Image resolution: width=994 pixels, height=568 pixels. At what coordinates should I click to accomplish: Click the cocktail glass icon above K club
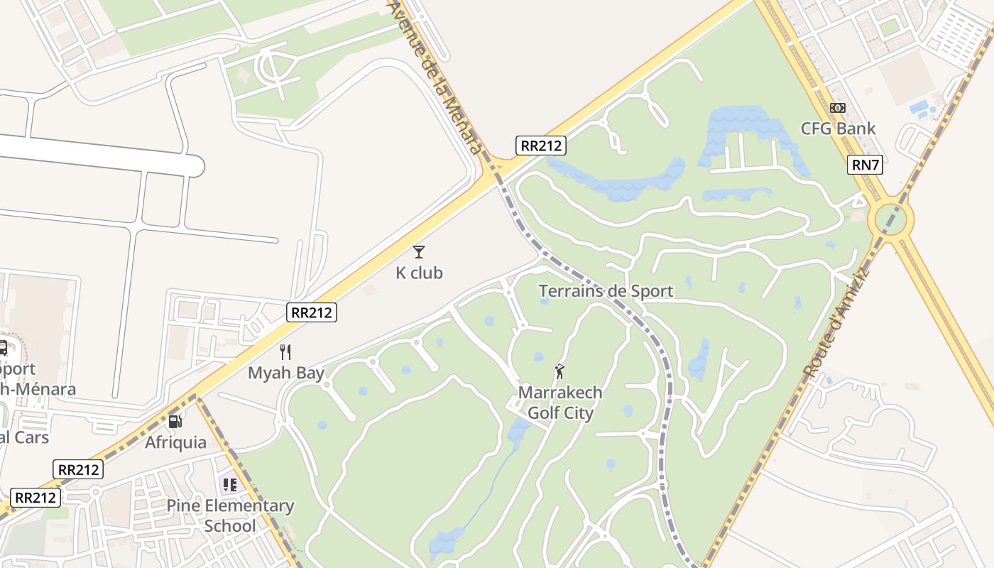tap(419, 251)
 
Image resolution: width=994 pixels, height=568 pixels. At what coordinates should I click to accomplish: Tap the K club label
tap(419, 273)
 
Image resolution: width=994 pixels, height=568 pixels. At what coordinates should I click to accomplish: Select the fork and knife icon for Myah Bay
tap(285, 351)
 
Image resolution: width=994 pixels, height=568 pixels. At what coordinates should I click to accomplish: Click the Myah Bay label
tap(285, 373)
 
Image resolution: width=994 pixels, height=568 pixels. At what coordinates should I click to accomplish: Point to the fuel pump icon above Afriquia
tap(175, 421)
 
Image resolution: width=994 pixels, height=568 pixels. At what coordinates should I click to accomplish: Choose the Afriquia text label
tap(175, 442)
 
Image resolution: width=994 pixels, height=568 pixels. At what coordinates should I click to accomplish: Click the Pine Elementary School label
tap(230, 515)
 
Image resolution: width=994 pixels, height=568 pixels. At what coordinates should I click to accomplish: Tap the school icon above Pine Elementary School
tap(229, 486)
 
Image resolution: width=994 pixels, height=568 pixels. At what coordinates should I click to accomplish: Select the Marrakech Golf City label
tap(560, 402)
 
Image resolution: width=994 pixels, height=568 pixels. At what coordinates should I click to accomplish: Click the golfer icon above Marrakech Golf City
tap(559, 371)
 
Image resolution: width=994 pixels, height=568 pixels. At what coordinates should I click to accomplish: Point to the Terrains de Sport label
tap(606, 291)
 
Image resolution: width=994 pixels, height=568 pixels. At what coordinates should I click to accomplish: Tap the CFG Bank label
tap(838, 129)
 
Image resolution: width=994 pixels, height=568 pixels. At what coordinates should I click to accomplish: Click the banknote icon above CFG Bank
tap(838, 108)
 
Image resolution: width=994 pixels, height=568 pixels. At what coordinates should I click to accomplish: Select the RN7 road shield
tap(865, 165)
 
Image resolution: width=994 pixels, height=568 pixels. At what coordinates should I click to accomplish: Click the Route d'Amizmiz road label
tap(836, 322)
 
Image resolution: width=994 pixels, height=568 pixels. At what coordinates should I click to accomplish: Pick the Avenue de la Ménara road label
tap(435, 75)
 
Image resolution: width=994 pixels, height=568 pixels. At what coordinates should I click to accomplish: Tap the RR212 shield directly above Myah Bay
tap(311, 312)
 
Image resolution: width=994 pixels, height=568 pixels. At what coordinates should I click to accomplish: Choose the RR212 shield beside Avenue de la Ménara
tap(540, 146)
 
